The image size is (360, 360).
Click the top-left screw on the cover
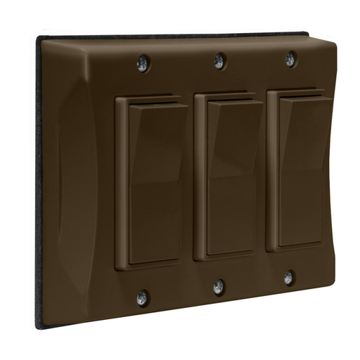(x=142, y=64)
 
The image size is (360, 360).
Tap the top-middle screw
(x=219, y=62)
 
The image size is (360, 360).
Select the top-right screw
(x=290, y=60)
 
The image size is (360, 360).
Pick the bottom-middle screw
(x=219, y=286)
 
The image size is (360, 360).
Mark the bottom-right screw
(x=288, y=278)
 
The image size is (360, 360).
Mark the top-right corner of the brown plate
(x=330, y=39)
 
